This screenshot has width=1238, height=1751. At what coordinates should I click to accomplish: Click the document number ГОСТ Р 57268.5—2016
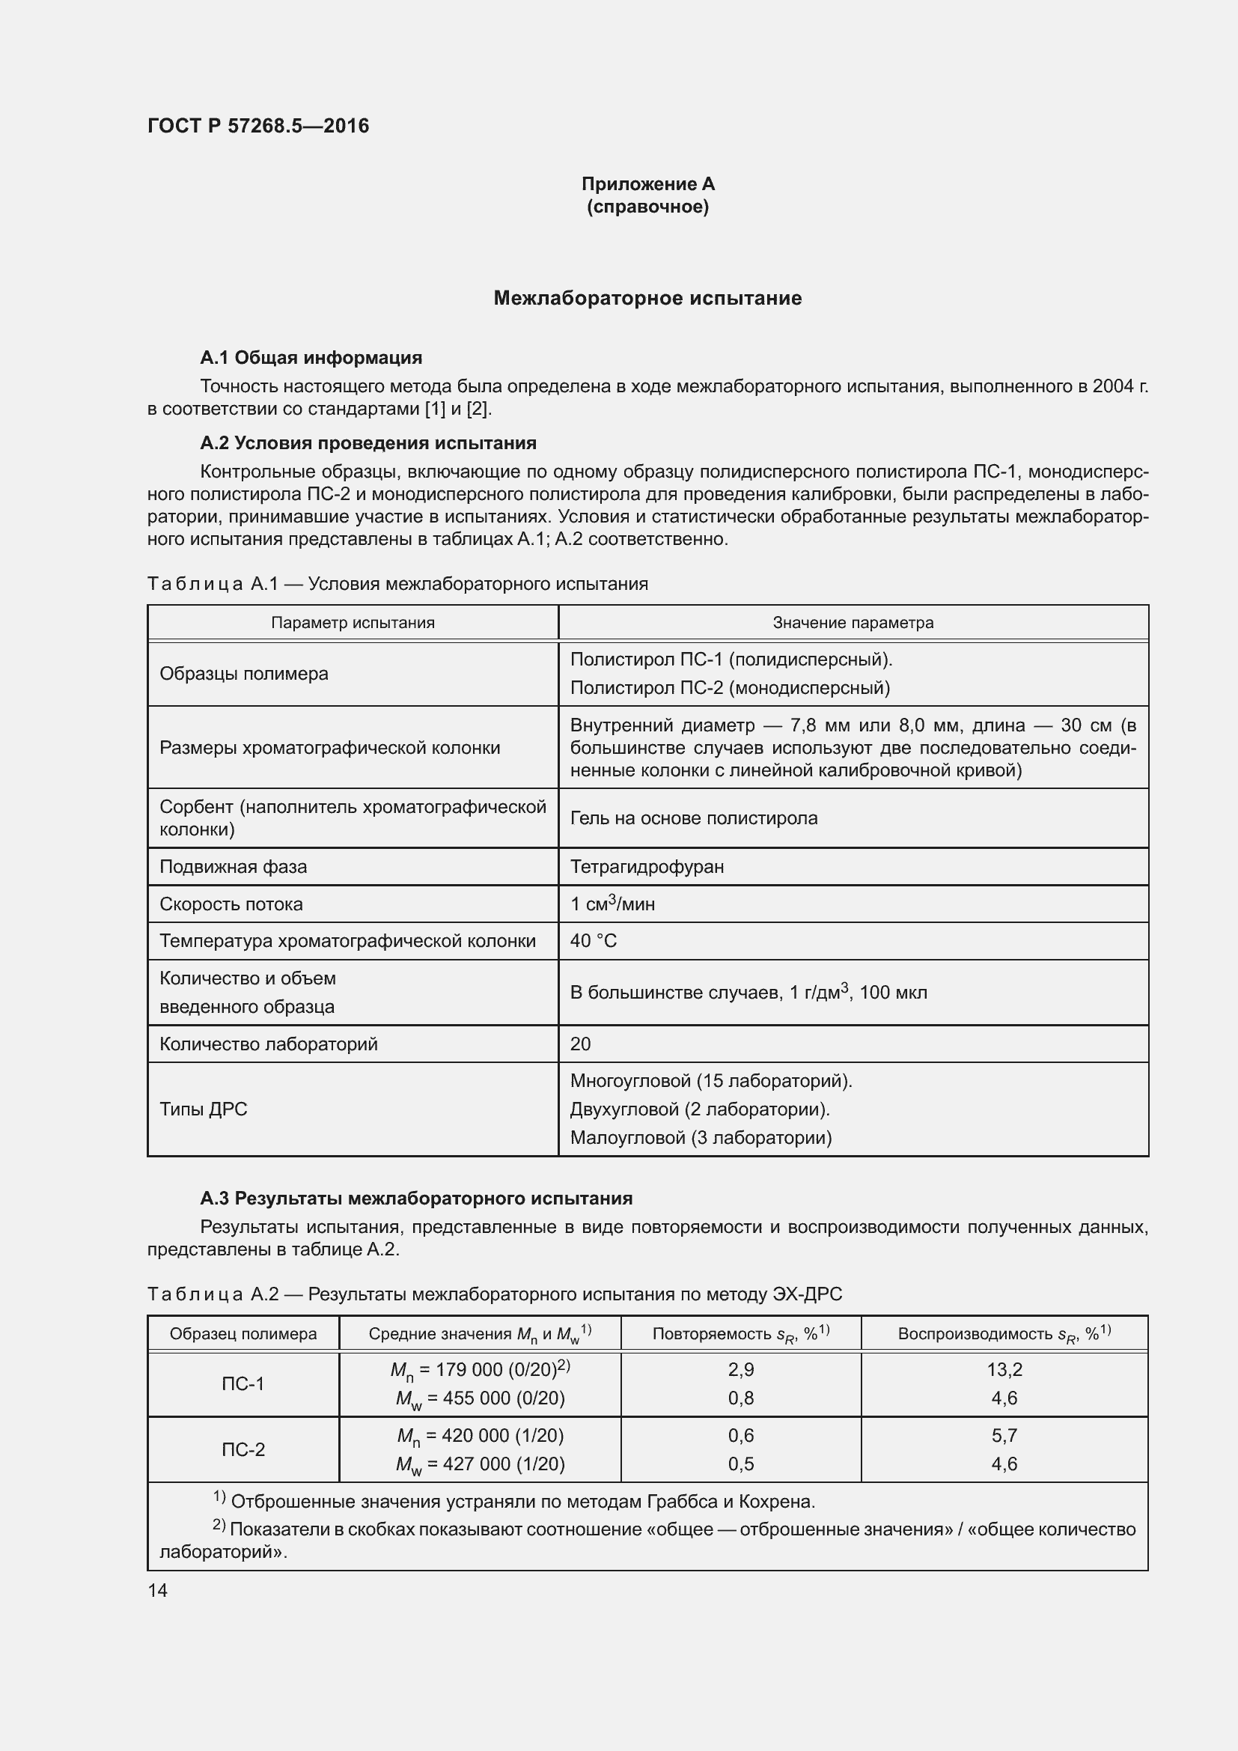click(257, 126)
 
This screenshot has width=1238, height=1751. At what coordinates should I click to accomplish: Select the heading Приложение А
click(647, 184)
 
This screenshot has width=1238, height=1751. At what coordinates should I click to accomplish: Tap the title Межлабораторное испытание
click(647, 298)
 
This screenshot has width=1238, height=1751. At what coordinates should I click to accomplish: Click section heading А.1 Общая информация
click(311, 358)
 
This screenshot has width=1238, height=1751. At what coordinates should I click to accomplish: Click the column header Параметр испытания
click(353, 622)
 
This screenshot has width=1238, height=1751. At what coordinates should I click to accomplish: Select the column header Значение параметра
click(853, 622)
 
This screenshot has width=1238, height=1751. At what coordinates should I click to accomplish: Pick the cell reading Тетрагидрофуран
click(647, 866)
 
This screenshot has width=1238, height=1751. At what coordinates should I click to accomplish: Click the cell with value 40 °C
click(593, 940)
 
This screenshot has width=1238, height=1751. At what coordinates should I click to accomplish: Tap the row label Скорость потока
click(231, 904)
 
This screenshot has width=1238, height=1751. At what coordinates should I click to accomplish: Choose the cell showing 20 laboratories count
click(580, 1044)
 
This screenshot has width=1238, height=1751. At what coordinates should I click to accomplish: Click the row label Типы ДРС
click(204, 1109)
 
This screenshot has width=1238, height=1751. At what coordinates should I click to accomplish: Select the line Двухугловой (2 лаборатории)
click(699, 1109)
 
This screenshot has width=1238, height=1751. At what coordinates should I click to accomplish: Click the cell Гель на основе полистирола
click(693, 817)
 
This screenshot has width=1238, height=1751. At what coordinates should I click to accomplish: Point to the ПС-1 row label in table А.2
click(243, 1383)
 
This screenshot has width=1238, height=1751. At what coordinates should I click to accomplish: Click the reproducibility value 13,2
click(1004, 1370)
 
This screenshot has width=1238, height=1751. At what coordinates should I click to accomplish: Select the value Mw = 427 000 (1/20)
click(481, 1464)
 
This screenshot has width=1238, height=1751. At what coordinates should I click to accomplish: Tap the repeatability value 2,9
click(740, 1370)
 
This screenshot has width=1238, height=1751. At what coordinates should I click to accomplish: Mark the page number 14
click(158, 1590)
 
